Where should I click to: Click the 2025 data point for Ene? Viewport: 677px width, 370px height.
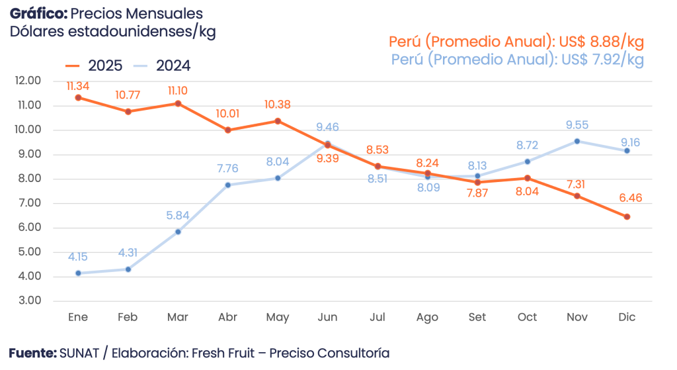pyautogui.click(x=78, y=97)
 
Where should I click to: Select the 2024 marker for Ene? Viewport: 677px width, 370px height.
pyautogui.click(x=78, y=273)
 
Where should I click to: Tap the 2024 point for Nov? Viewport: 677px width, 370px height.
pyautogui.click(x=577, y=141)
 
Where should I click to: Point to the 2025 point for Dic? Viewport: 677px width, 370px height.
pyautogui.click(x=627, y=216)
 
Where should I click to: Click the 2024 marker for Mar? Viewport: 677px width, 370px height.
pyautogui.click(x=178, y=232)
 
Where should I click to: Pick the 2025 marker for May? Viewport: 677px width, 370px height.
pyautogui.click(x=278, y=120)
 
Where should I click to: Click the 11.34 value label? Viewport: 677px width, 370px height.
pyautogui.click(x=78, y=86)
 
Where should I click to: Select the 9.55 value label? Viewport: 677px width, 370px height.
pyautogui.click(x=577, y=124)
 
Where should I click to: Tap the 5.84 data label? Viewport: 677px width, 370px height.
pyautogui.click(x=178, y=214)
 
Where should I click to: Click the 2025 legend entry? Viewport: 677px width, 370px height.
pyautogui.click(x=95, y=66)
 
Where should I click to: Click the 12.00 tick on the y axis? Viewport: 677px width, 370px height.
pyautogui.click(x=27, y=81)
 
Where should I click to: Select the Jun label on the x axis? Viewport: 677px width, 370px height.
pyautogui.click(x=327, y=318)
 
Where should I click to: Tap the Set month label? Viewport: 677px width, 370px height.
pyautogui.click(x=477, y=318)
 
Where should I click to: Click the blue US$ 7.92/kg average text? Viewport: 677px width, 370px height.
pyautogui.click(x=601, y=60)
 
